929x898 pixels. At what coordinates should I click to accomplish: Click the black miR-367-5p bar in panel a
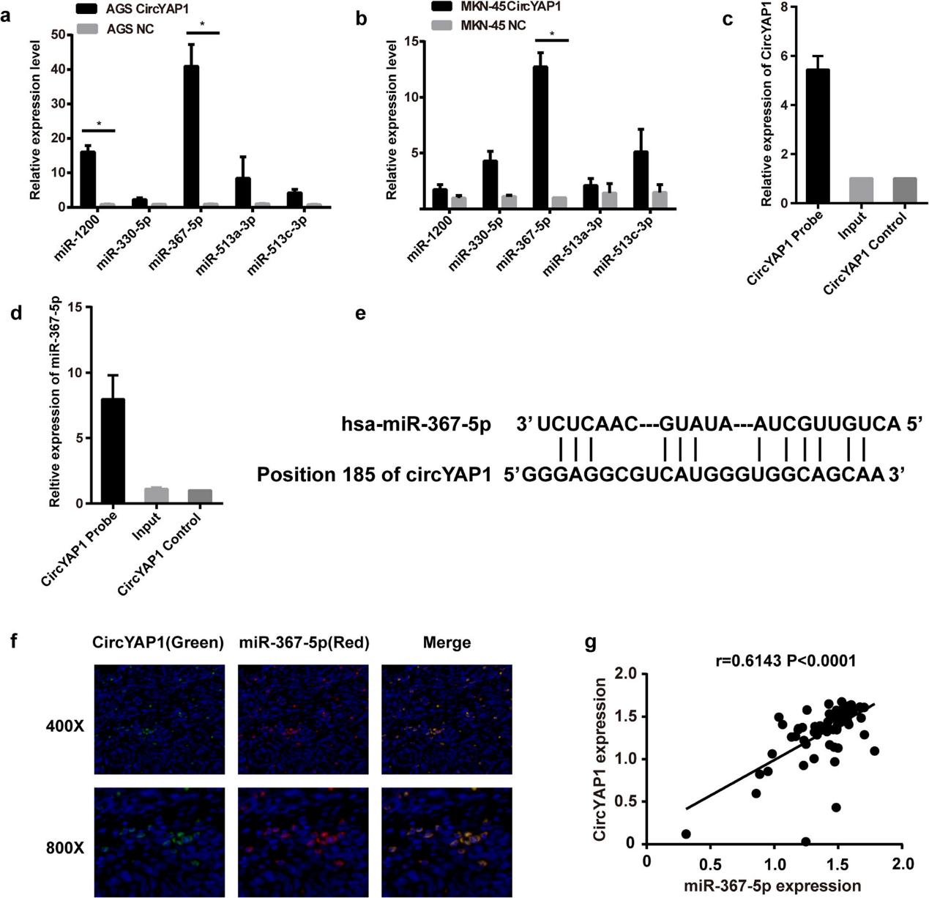coord(191,136)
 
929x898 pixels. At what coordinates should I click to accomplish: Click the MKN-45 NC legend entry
coord(479,26)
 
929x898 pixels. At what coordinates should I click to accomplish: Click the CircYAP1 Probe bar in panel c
coord(817,136)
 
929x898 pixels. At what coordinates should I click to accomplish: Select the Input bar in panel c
coord(861,190)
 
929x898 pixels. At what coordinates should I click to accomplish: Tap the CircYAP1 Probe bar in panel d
coord(113,451)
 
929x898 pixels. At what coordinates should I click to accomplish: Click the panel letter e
coord(360,314)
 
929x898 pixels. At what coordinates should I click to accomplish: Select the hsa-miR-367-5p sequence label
coord(416,424)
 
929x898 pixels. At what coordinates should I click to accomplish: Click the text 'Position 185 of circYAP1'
coord(373,475)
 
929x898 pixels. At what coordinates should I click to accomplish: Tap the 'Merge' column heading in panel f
coord(447,642)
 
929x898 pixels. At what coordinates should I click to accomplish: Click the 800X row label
coord(64,848)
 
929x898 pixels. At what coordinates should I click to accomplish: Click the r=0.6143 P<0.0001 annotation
coord(786,661)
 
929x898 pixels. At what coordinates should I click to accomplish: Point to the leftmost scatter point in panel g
coord(686,834)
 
